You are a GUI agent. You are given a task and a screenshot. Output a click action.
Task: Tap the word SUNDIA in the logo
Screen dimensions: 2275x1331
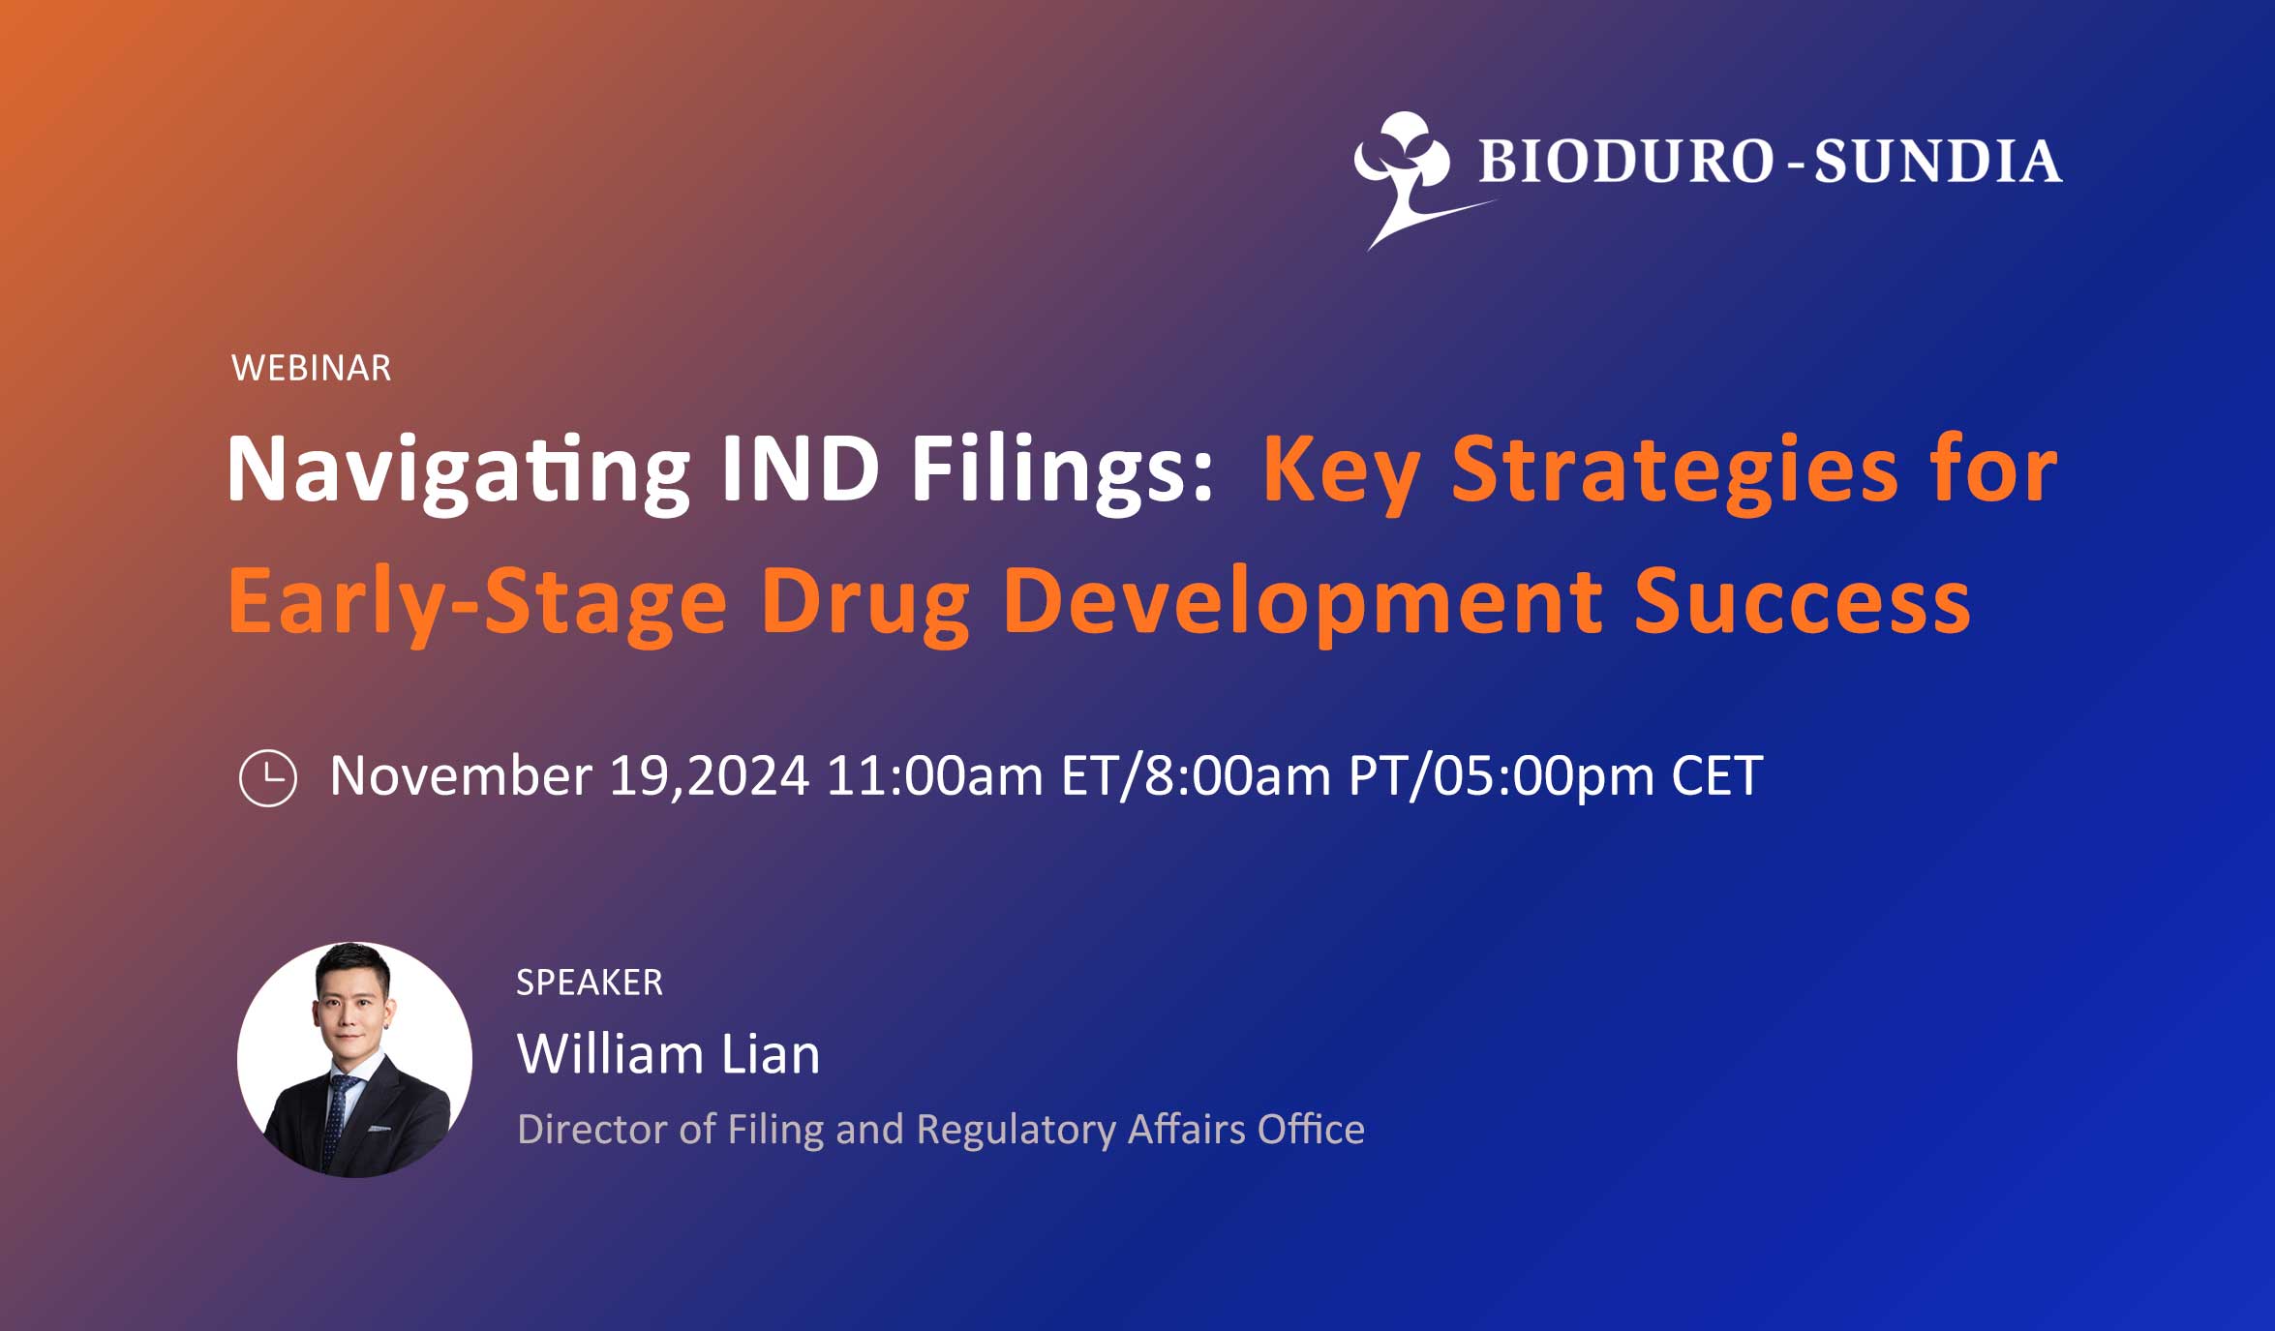click(x=1937, y=161)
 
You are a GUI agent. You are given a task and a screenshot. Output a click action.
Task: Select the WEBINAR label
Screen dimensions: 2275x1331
click(x=312, y=368)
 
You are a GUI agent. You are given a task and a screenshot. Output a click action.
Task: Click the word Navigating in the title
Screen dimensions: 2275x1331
click(x=458, y=470)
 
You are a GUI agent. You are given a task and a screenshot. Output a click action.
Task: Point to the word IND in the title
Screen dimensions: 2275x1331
click(x=800, y=469)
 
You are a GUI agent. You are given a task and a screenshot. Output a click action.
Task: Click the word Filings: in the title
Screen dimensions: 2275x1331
click(x=1062, y=470)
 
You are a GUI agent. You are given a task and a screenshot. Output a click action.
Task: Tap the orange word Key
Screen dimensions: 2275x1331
click(x=1341, y=472)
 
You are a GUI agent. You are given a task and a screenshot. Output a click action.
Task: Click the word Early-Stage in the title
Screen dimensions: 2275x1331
click(x=477, y=602)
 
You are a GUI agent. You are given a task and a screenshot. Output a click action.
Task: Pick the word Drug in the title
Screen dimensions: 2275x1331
click(x=864, y=604)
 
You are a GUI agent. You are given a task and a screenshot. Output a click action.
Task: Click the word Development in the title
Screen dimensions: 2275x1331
click(x=1303, y=604)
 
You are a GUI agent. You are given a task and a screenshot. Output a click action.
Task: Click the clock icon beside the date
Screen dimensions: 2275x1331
click(x=268, y=777)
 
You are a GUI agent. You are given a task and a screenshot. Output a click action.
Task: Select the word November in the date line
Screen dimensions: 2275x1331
click(x=461, y=776)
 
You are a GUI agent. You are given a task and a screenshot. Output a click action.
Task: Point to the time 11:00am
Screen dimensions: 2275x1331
click(x=935, y=776)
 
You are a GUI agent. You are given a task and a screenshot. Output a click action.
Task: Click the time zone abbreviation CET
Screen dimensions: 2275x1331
click(x=1717, y=776)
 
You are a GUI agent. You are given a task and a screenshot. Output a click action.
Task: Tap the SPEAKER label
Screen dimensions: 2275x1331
click(x=590, y=983)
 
